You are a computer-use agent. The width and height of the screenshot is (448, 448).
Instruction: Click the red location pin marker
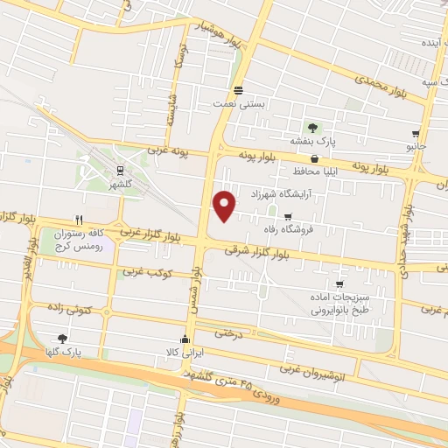[x=226, y=204]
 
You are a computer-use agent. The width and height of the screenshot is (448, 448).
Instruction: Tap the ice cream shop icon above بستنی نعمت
[x=239, y=90]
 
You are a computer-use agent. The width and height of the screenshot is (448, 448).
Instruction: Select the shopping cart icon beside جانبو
[x=415, y=135]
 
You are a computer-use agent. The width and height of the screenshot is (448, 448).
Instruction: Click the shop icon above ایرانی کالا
[x=184, y=339]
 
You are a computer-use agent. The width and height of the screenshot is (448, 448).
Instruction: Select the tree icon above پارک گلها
[x=62, y=339]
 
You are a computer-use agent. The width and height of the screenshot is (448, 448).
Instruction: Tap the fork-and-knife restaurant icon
[x=80, y=220]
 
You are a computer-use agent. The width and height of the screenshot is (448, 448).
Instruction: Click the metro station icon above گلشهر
[x=118, y=172]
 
